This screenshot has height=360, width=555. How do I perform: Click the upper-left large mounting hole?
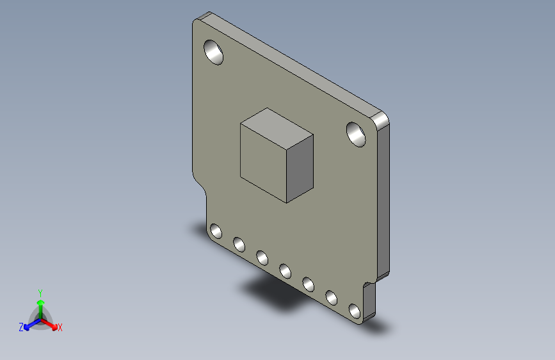point(213,52)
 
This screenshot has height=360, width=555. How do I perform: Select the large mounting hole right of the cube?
point(357,134)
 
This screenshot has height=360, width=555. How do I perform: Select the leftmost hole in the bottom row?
point(216,231)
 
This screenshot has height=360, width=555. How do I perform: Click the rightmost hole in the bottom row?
point(355,311)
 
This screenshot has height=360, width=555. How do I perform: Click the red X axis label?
point(60,328)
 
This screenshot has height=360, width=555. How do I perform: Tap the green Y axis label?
point(40,291)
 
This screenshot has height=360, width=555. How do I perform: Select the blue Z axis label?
point(21,327)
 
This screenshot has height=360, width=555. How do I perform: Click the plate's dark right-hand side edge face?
point(383,199)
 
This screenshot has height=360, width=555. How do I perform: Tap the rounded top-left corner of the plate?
point(197,21)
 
